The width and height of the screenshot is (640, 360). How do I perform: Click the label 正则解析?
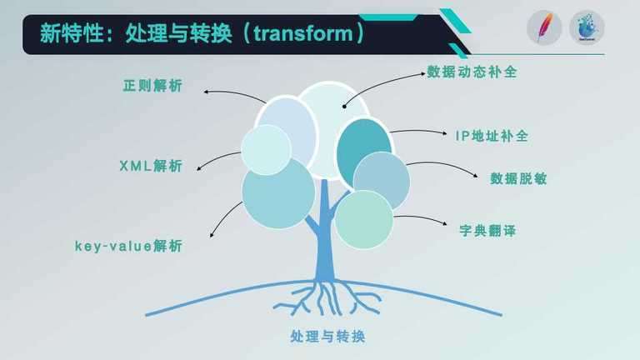pyautogui.click(x=152, y=86)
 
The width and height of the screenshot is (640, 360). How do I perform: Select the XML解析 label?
pyautogui.click(x=151, y=166)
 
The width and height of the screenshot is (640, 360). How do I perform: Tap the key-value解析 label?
pyautogui.click(x=128, y=246)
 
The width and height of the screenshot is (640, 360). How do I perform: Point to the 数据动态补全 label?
pyautogui.click(x=472, y=72)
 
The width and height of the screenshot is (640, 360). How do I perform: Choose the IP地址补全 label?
pyautogui.click(x=492, y=136)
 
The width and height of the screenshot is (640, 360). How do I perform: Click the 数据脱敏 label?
pyautogui.click(x=518, y=178)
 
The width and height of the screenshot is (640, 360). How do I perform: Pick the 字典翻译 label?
pyautogui.click(x=487, y=231)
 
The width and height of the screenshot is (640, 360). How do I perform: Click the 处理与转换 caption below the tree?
pyautogui.click(x=327, y=337)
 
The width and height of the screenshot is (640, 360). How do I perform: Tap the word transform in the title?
pyautogui.click(x=303, y=33)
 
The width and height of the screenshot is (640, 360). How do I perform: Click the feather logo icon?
pyautogui.click(x=544, y=27)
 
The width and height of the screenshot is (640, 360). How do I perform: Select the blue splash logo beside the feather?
pyautogui.click(x=587, y=27)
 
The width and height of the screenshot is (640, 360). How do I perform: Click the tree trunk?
pyautogui.click(x=325, y=237)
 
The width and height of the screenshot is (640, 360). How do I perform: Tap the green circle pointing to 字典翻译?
pyautogui.click(x=363, y=220)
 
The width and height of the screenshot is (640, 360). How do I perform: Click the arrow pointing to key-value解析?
pyautogui.click(x=222, y=217)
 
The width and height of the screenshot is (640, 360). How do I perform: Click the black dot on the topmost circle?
pyautogui.click(x=344, y=107)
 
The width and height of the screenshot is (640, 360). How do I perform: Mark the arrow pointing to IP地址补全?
pyautogui.click(x=418, y=131)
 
